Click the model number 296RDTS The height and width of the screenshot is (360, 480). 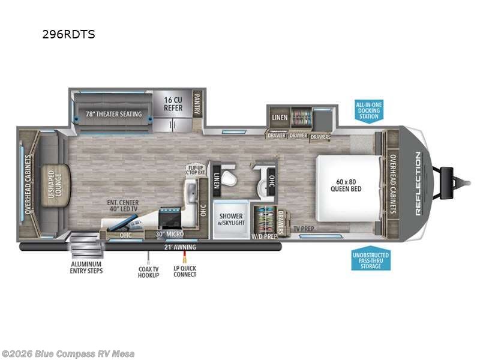click(x=68, y=34)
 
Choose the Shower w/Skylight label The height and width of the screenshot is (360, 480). click(x=230, y=220)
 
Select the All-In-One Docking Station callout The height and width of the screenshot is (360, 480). click(x=369, y=110)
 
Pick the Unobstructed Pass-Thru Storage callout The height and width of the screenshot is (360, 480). click(x=370, y=261)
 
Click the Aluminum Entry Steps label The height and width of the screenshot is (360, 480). click(x=86, y=268)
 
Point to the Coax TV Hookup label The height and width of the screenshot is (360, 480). click(x=148, y=271)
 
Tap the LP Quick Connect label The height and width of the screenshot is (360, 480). click(x=185, y=271)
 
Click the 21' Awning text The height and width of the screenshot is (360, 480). click(x=179, y=247)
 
